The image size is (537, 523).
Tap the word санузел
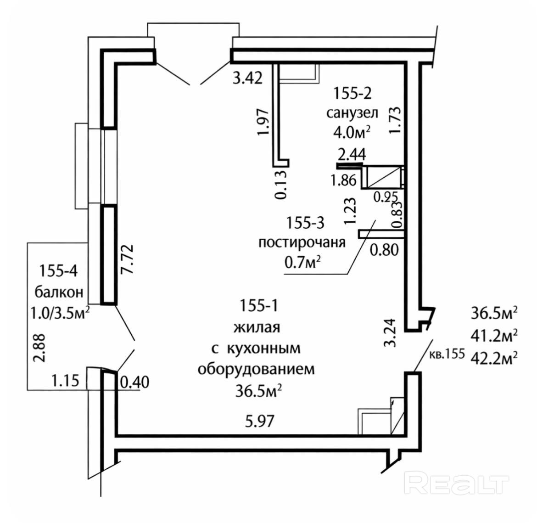[x=352, y=113]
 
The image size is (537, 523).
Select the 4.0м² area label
[x=352, y=133]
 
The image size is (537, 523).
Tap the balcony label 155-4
[x=58, y=271]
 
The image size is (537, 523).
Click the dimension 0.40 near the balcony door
[x=134, y=382]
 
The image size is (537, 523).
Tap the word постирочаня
[x=302, y=242]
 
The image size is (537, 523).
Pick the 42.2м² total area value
[x=494, y=357]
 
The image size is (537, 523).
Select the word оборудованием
[x=256, y=369]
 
